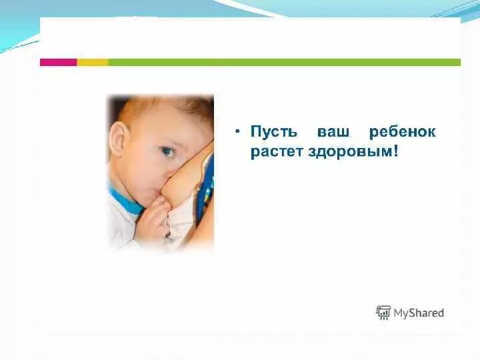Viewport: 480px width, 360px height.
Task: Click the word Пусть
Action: (x=272, y=132)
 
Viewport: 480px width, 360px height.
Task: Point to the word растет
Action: (x=277, y=152)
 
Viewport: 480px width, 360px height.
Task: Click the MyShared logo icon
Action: (x=383, y=312)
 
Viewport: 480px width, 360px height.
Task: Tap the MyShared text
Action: (x=419, y=313)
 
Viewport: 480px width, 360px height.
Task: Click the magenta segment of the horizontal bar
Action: (x=58, y=62)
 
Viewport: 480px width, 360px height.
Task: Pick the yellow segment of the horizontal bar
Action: (x=92, y=62)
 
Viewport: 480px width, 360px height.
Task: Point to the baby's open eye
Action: (x=166, y=151)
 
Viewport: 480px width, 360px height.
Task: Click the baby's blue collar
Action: (x=125, y=200)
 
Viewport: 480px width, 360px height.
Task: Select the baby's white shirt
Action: (x=120, y=227)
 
